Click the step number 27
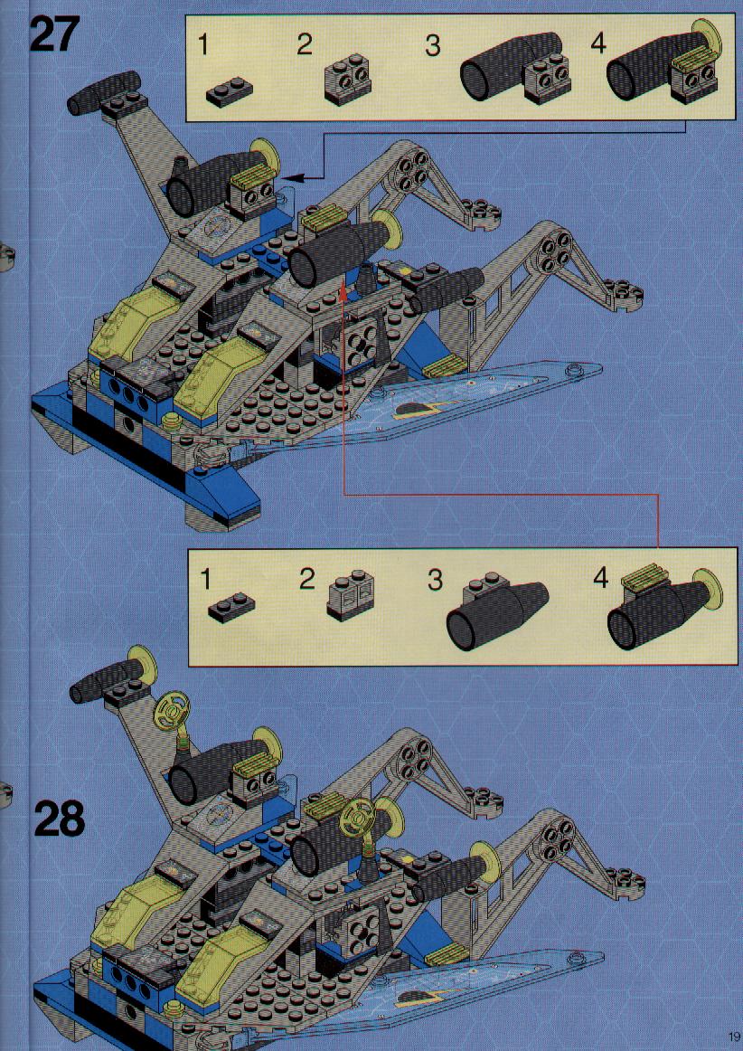click(x=54, y=34)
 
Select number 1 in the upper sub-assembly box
click(x=203, y=45)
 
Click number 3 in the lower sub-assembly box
click(x=436, y=580)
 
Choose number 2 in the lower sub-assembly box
click(x=306, y=579)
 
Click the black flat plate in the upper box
click(x=230, y=94)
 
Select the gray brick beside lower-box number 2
click(x=351, y=595)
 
